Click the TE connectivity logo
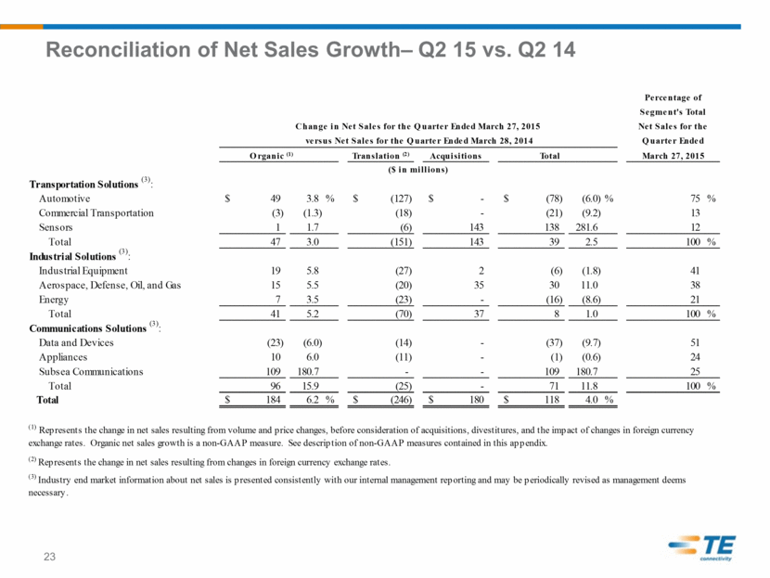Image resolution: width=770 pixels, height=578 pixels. point(702,547)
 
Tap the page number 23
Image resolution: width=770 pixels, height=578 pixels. point(49,557)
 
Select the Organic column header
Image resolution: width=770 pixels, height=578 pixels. point(271,156)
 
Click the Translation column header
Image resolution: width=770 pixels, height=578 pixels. point(380,156)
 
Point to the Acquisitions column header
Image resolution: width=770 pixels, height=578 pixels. point(456,156)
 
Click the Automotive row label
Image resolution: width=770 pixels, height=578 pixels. point(64,199)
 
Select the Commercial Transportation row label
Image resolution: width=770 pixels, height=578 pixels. point(96,213)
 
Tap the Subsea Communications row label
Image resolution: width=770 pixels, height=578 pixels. point(91,372)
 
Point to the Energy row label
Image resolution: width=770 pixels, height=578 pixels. point(54,300)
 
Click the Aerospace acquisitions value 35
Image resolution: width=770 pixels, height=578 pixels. point(479,285)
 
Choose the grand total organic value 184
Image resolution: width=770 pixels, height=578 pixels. point(273,400)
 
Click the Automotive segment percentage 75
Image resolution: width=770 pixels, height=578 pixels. point(695,199)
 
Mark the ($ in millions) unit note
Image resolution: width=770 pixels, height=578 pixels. point(417,170)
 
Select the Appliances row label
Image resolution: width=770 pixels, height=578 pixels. point(63,357)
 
